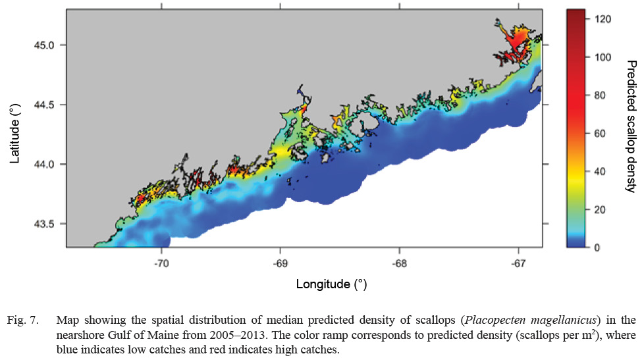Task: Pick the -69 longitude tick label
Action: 280,262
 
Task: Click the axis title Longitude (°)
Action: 331,284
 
